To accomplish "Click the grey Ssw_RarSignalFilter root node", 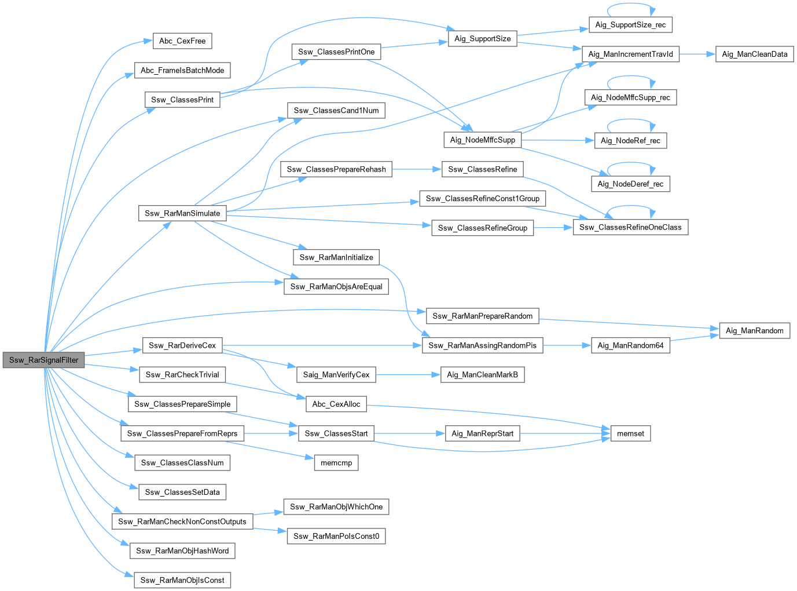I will pos(43,360).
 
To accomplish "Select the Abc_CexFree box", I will pos(182,41).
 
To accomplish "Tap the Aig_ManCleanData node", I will pos(754,54).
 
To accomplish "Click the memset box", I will pos(630,433).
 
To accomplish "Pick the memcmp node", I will pos(336,463).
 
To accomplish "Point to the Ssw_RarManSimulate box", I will pos(182,213).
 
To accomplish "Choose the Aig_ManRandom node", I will pos(754,330).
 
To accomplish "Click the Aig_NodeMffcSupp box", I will pos(482,140).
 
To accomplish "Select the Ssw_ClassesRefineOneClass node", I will pos(630,227).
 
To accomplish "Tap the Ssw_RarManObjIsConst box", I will pos(182,580).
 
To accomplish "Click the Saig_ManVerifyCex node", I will pos(336,375).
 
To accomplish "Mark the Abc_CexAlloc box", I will pos(336,404).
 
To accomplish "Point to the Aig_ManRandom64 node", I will pos(630,345).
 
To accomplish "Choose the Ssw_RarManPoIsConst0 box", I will pos(336,536).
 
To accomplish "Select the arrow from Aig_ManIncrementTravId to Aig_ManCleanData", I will pos(697,54).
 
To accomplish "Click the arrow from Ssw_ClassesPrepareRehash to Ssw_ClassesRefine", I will pos(417,169).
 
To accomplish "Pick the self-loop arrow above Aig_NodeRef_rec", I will pos(631,120).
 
